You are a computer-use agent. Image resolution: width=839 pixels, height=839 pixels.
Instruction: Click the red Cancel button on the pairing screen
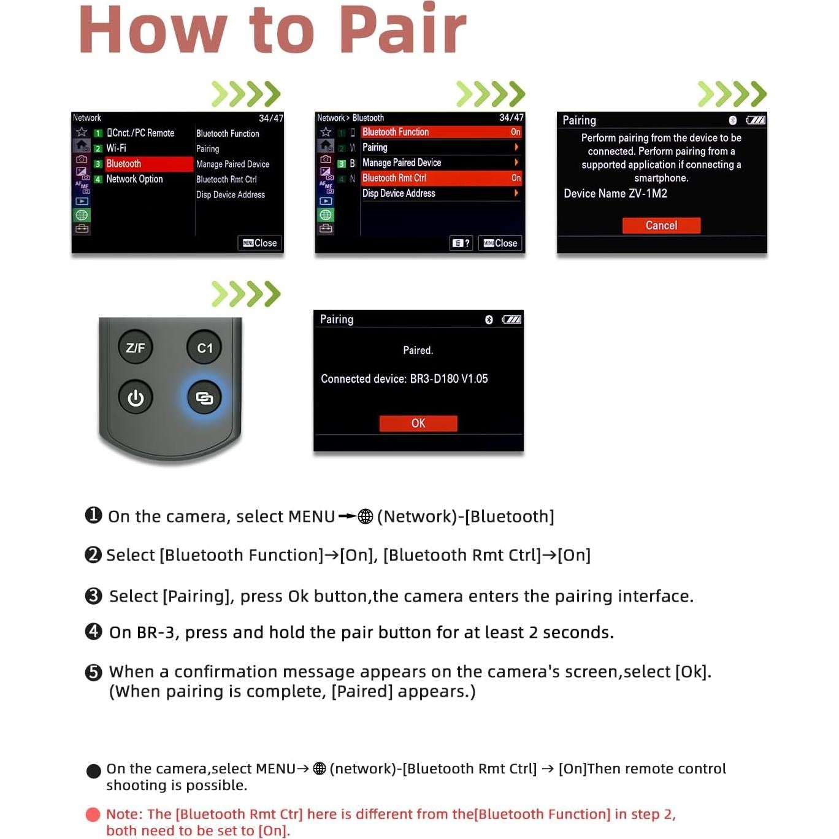pyautogui.click(x=661, y=226)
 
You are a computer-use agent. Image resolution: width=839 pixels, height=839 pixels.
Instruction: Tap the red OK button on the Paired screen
pyautogui.click(x=418, y=423)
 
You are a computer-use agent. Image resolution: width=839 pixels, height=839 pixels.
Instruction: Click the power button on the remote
pyautogui.click(x=136, y=398)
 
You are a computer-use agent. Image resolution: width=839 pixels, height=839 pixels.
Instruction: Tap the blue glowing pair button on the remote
pyautogui.click(x=204, y=398)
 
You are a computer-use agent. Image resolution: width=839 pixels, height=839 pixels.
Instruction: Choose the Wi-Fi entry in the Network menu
pyautogui.click(x=117, y=148)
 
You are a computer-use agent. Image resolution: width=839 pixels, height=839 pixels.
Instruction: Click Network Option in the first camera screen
pyautogui.click(x=134, y=179)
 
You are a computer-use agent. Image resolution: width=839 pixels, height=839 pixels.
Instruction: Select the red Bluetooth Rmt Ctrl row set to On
pyautogui.click(x=441, y=178)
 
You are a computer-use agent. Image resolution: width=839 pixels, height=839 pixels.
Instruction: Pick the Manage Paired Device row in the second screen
pyautogui.click(x=441, y=163)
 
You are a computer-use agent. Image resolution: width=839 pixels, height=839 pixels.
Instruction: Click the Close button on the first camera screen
pyautogui.click(x=260, y=243)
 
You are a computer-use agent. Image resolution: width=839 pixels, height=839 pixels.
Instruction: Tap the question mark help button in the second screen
pyautogui.click(x=461, y=243)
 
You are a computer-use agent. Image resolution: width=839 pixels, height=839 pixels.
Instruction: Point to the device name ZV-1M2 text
pyautogui.click(x=616, y=194)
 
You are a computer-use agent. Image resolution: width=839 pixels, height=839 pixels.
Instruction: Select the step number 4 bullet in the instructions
pyautogui.click(x=93, y=632)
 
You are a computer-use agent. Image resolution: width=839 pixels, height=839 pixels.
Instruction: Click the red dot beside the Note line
pyautogui.click(x=93, y=814)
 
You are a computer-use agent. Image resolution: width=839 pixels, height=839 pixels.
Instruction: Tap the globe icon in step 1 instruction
pyautogui.click(x=366, y=516)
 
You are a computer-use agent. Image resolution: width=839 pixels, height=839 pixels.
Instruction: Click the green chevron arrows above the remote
pyautogui.click(x=246, y=294)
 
